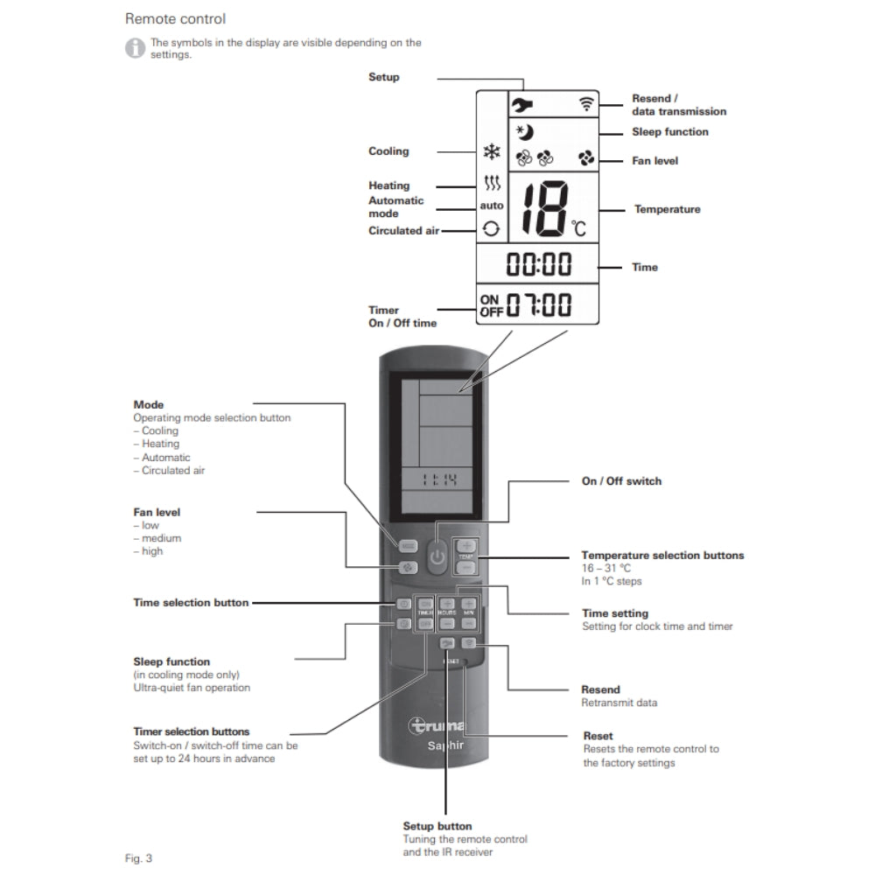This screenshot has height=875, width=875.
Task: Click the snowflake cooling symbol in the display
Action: tap(492, 151)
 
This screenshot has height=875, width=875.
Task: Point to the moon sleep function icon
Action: tap(525, 133)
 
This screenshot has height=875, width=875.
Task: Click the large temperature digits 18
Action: tap(543, 210)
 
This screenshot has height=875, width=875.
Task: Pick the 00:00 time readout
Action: tap(538, 263)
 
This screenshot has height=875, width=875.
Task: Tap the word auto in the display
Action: tap(492, 206)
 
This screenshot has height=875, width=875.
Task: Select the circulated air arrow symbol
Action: tap(492, 229)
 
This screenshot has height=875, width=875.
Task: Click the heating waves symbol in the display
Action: tap(492, 185)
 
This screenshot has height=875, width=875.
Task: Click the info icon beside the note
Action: tap(135, 48)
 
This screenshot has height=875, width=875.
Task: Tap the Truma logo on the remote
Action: tap(438, 725)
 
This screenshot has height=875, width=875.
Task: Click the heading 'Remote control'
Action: tap(175, 18)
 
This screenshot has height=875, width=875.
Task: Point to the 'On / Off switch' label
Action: tap(621, 481)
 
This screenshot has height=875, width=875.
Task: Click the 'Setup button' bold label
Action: tap(437, 826)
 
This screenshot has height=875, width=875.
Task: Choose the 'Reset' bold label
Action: tap(598, 736)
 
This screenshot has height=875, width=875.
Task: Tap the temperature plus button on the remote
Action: tap(466, 546)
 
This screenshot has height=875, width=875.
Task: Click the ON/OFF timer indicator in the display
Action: tap(492, 305)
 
